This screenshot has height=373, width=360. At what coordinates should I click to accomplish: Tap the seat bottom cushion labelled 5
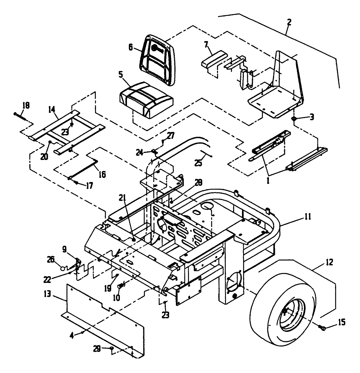tap(146, 99)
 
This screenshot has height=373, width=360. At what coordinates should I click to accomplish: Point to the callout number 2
tap(288, 22)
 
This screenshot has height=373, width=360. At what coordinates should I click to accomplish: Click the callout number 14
tap(52, 110)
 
